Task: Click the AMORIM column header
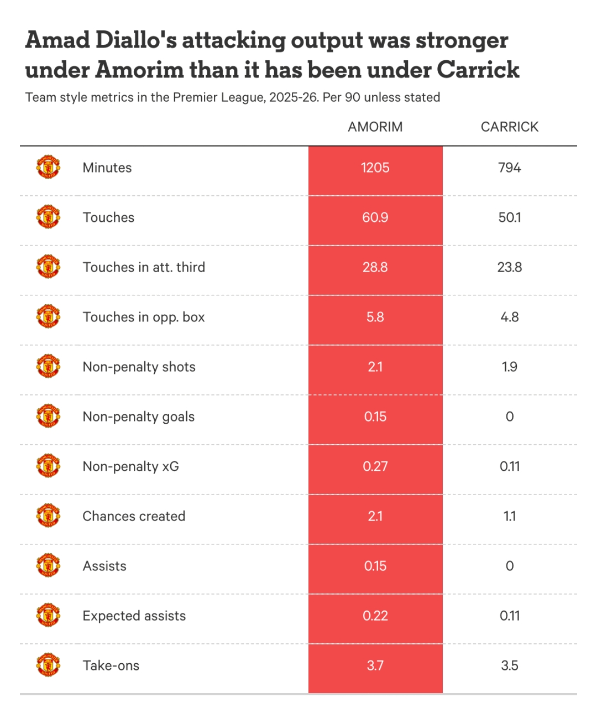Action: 375,127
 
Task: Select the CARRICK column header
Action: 509,127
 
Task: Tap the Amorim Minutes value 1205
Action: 375,168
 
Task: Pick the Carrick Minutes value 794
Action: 509,168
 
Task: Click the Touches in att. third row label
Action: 144,267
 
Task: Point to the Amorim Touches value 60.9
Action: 375,217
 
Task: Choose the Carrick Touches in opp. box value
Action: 509,317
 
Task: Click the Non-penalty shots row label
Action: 139,367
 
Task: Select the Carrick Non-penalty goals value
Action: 509,417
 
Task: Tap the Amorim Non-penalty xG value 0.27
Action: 375,466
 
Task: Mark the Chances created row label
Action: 134,516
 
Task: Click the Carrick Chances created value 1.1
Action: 509,516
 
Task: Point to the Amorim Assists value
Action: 375,566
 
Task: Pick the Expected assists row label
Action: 134,616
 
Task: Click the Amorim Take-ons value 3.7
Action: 375,665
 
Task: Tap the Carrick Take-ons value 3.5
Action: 509,665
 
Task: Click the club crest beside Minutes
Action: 48,167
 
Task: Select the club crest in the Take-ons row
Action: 48,665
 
